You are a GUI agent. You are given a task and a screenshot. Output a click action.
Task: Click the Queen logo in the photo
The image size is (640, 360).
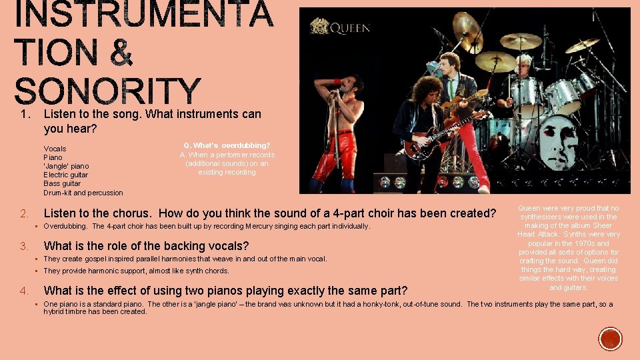pyautogui.click(x=340, y=27)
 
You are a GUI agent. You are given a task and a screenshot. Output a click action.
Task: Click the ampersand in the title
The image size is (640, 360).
pyautogui.click(x=121, y=53)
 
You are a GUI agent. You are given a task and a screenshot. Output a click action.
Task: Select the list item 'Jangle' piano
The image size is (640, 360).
pyautogui.click(x=66, y=166)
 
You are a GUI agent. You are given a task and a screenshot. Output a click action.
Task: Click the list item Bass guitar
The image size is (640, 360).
pyautogui.click(x=62, y=183)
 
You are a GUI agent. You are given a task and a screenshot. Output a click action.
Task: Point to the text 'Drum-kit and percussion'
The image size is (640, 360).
pyautogui.click(x=83, y=193)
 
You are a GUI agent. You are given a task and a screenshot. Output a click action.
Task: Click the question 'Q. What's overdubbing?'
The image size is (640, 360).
pyautogui.click(x=227, y=145)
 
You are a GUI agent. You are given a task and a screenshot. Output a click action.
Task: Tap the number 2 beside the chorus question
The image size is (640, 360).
pyautogui.click(x=23, y=214)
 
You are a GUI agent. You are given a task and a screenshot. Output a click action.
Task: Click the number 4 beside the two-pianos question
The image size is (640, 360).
pyautogui.click(x=23, y=291)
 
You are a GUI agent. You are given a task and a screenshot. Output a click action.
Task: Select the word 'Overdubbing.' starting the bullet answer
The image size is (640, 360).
pyautogui.click(x=64, y=227)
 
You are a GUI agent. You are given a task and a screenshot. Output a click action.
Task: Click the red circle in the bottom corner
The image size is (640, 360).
pyautogui.click(x=610, y=339)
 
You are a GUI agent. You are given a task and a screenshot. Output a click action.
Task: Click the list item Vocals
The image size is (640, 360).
pyautogui.click(x=55, y=149)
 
